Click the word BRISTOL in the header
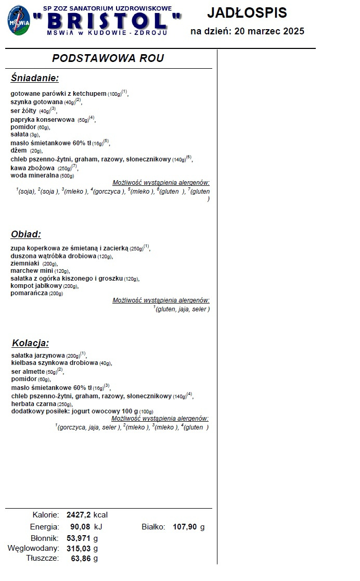click(x=107, y=22)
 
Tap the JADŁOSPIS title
click(x=247, y=13)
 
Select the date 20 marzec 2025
click(x=269, y=31)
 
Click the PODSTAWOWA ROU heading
click(x=108, y=58)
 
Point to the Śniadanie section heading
click(x=34, y=78)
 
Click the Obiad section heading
click(x=25, y=234)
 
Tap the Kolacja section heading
click(x=30, y=343)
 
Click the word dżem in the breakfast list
click(x=19, y=150)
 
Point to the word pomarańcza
click(x=29, y=293)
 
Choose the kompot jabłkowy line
click(x=36, y=286)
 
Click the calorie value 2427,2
click(x=79, y=515)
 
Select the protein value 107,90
click(x=185, y=527)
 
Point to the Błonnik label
click(x=45, y=538)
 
